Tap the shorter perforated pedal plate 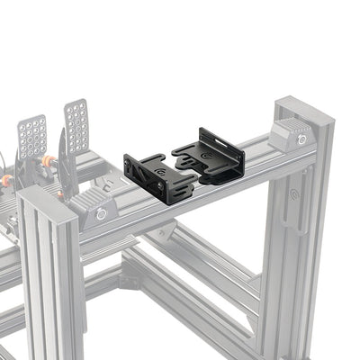32,135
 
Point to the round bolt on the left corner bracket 102,213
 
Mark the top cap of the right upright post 303,110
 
